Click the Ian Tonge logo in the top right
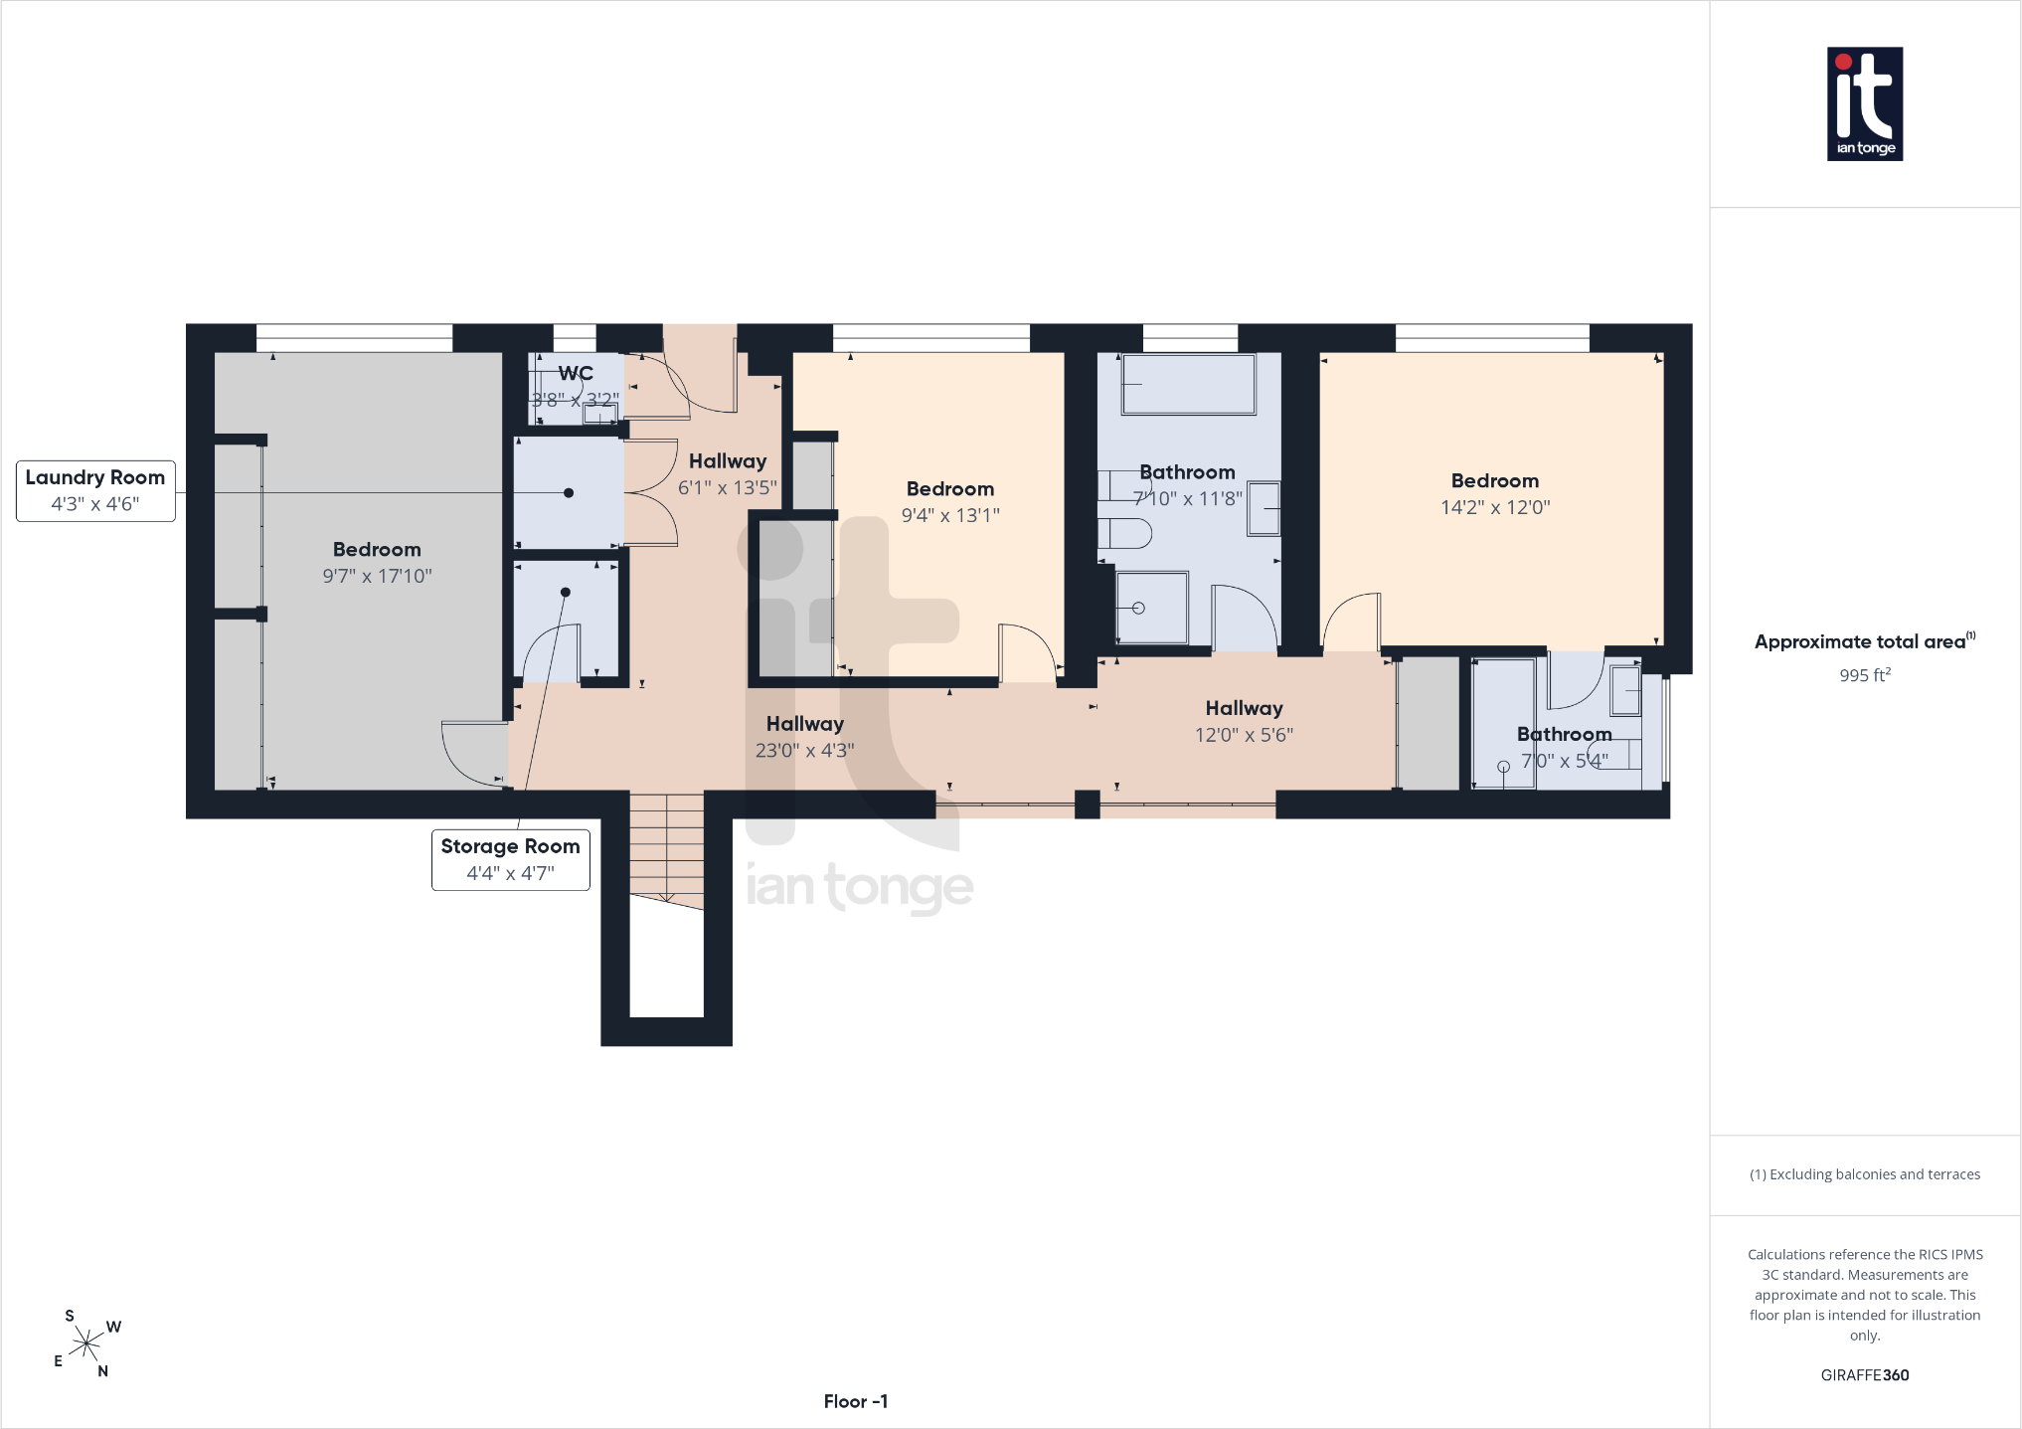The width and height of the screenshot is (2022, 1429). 1865,103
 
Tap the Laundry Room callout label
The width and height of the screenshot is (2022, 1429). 95,490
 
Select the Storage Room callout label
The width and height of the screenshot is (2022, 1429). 510,859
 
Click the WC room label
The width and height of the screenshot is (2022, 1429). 576,373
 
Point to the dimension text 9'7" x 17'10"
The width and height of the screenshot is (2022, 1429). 377,576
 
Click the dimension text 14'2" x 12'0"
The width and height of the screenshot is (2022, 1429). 1495,507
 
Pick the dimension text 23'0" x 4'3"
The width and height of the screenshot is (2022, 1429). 804,751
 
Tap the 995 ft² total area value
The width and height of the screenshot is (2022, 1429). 1865,675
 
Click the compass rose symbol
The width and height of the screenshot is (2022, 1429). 87,1344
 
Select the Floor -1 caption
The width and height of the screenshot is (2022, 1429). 856,1401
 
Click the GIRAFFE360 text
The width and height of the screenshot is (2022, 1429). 1865,1375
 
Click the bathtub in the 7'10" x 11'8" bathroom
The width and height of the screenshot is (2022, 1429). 1188,384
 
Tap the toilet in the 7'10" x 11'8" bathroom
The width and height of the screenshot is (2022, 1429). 1124,533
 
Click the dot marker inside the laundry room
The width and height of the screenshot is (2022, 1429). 569,492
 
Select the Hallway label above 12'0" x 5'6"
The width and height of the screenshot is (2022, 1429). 1244,708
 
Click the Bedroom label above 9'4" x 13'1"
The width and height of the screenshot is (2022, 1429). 950,488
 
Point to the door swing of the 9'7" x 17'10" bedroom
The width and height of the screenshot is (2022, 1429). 473,753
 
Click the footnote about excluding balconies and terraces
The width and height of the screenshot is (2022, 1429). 1865,1174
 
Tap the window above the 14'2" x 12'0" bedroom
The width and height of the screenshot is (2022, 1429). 1492,338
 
